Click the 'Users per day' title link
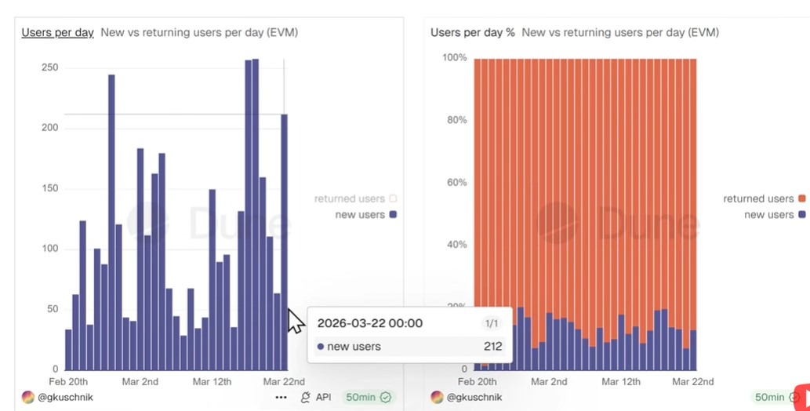(57, 32)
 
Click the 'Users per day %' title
(473, 32)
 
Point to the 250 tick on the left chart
(49, 67)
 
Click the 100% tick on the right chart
(454, 57)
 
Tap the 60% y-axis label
(457, 183)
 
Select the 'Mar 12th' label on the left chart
(212, 382)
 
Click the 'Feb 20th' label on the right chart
(477, 382)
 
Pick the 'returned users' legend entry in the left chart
(349, 199)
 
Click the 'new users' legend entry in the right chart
(768, 215)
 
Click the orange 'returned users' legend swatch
(801, 199)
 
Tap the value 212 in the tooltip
(493, 347)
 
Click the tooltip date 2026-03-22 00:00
(370, 323)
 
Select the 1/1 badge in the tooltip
(491, 323)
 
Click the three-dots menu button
(281, 398)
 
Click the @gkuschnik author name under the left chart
(66, 398)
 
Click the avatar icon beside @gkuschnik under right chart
(438, 398)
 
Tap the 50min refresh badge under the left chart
(368, 398)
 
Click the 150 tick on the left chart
(49, 188)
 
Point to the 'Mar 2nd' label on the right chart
(550, 382)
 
